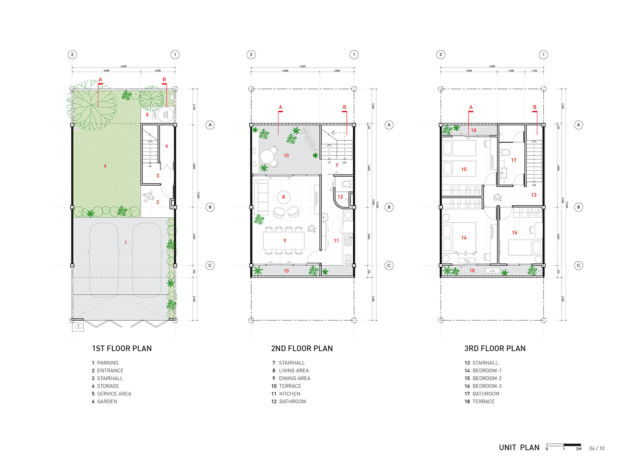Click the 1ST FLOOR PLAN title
(x=122, y=349)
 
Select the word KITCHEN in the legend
(x=290, y=394)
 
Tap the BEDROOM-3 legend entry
(x=487, y=386)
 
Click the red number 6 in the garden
(x=105, y=166)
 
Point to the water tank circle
(x=166, y=114)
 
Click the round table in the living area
(x=283, y=198)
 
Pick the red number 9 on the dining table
(x=284, y=240)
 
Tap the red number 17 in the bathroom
(x=514, y=160)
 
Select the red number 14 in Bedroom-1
(x=464, y=237)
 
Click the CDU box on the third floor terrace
(x=492, y=271)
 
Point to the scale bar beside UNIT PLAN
(x=563, y=445)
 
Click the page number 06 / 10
(x=597, y=448)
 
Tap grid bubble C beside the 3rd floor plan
(x=578, y=265)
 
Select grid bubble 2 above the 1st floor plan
(x=72, y=54)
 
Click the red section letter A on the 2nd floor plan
(x=281, y=107)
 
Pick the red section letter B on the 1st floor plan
(x=165, y=79)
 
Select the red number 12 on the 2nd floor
(x=340, y=197)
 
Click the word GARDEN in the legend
(x=107, y=402)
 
